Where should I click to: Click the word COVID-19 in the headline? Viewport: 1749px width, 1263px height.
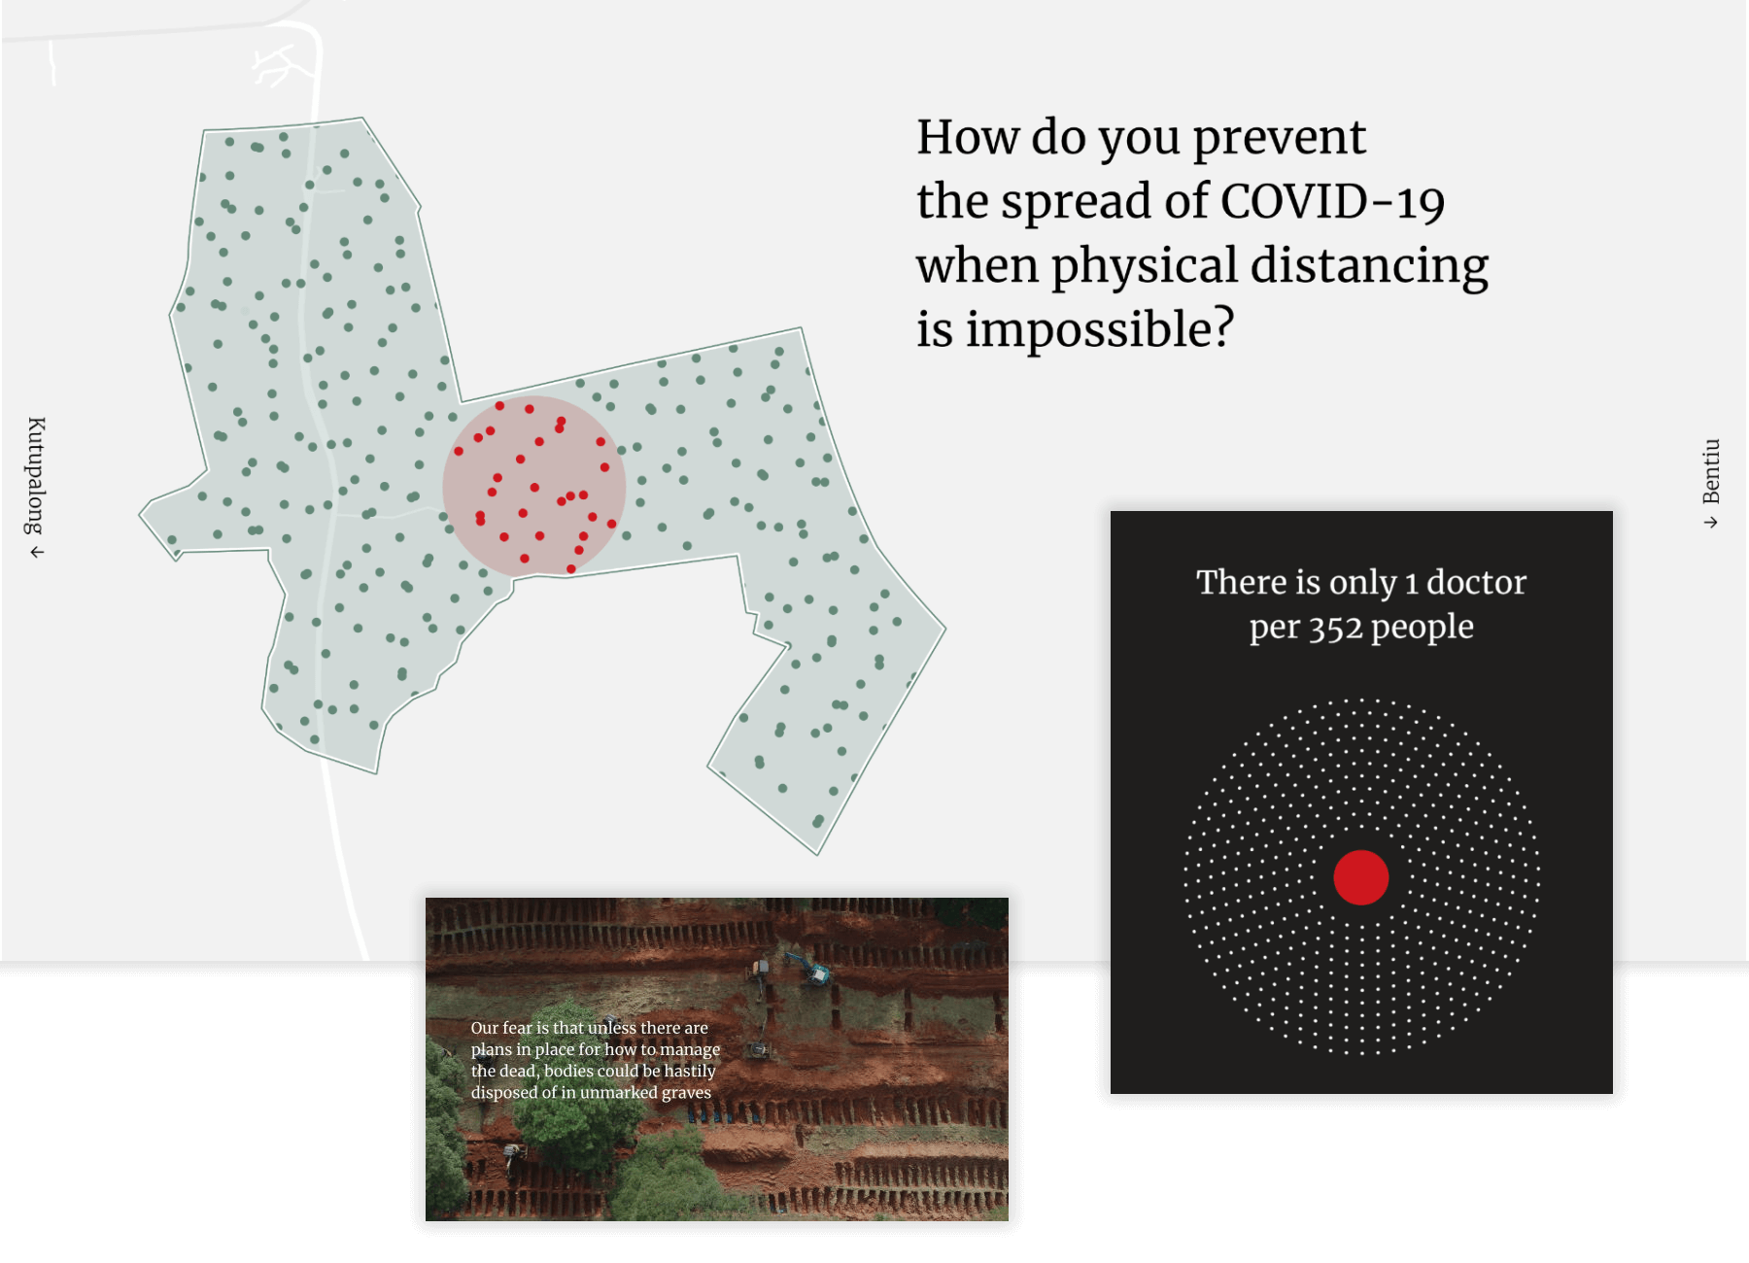[x=1332, y=201]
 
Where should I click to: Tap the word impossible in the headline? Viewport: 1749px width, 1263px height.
[x=1100, y=330]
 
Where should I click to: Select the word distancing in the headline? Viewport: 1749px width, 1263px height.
[x=1369, y=266]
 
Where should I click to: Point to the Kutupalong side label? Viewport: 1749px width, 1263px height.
[x=36, y=475]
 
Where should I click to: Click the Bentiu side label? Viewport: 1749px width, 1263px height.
[x=1711, y=471]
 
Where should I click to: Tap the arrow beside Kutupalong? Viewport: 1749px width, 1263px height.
[x=37, y=553]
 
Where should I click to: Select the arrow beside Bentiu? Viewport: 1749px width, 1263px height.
[x=1711, y=523]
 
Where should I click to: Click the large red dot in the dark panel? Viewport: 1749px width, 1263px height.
[x=1360, y=877]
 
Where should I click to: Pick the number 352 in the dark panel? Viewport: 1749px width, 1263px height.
[x=1336, y=629]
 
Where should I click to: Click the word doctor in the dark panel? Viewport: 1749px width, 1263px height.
[x=1476, y=582]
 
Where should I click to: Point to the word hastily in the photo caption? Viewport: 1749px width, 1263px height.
[x=689, y=1072]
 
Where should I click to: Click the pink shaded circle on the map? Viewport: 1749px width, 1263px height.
[x=533, y=485]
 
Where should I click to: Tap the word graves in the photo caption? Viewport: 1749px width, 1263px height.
[x=688, y=1093]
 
